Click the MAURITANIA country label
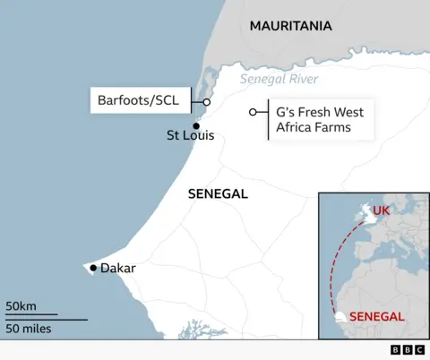pyautogui.click(x=290, y=26)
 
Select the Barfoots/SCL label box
pyautogui.click(x=138, y=101)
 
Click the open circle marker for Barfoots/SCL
pyautogui.click(x=206, y=102)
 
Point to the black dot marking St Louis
pyautogui.click(x=195, y=125)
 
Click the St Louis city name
pyautogui.click(x=191, y=138)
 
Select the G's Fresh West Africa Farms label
pyautogui.click(x=313, y=120)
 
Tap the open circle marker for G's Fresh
pyautogui.click(x=253, y=112)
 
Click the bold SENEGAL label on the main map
pyautogui.click(x=218, y=194)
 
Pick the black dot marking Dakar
pyautogui.click(x=93, y=268)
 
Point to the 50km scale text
pyautogui.click(x=21, y=306)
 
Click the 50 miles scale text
pyautogui.click(x=28, y=329)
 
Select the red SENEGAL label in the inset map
pyautogui.click(x=376, y=316)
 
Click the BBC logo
pyautogui.click(x=408, y=350)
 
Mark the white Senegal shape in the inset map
pyautogui.click(x=340, y=318)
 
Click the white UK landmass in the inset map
pyautogui.click(x=365, y=214)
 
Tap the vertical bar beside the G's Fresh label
pyautogui.click(x=270, y=119)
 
